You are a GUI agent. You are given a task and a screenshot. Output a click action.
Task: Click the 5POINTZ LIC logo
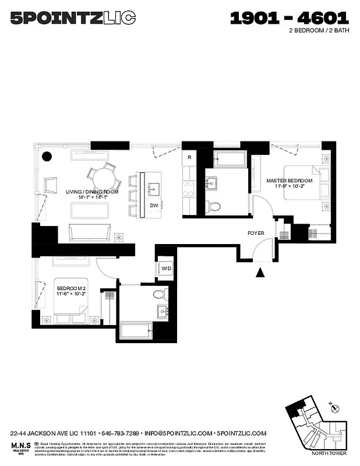[x=73, y=19]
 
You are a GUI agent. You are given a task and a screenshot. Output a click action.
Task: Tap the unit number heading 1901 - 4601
[x=290, y=18]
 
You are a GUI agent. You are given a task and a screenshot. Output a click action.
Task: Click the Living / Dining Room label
[x=92, y=192]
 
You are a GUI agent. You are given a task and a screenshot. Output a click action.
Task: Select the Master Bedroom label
[x=290, y=181]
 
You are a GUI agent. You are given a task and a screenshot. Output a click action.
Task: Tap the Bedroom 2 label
[x=71, y=288]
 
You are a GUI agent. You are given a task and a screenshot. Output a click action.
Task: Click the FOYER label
[x=256, y=233]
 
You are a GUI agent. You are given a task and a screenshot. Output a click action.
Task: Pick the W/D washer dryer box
[x=166, y=269]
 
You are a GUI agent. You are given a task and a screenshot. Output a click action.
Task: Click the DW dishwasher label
[x=154, y=205]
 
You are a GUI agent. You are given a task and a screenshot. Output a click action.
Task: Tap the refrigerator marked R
[x=189, y=158]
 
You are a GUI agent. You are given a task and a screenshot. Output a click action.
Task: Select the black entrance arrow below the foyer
[x=260, y=272]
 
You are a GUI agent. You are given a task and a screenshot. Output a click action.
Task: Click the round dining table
[x=105, y=175]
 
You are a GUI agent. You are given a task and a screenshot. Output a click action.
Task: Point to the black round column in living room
[x=46, y=156]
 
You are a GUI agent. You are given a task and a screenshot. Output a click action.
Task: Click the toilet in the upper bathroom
[x=214, y=205]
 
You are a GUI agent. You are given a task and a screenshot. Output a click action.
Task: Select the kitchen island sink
[x=154, y=188]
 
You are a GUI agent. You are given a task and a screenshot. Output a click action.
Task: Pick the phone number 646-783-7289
[x=121, y=433]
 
